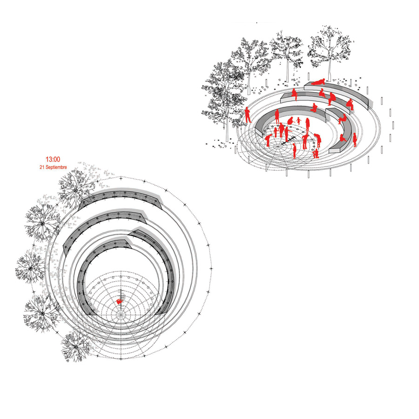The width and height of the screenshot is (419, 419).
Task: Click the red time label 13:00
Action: (53, 160)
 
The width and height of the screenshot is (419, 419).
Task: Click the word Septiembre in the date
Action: (56, 167)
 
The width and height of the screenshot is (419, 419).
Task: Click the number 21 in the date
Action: (42, 167)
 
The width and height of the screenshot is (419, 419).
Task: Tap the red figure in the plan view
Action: (120, 301)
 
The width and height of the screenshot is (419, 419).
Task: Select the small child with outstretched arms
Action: (298, 121)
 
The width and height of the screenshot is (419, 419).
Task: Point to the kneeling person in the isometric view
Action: (316, 153)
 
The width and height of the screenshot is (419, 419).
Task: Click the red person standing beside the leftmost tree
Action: (248, 115)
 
